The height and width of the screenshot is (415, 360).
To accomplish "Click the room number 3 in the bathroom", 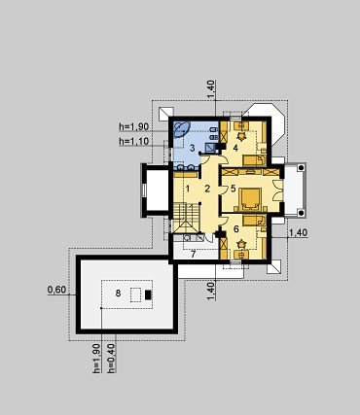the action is pyautogui.click(x=193, y=149).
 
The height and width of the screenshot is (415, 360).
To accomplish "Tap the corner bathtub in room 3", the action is pyautogui.click(x=181, y=128).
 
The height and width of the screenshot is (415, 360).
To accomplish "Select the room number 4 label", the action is pyautogui.click(x=235, y=148).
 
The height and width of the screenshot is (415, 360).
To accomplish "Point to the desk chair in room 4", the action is pyautogui.click(x=241, y=135).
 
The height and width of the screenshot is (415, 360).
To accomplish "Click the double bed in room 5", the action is pyautogui.click(x=250, y=199).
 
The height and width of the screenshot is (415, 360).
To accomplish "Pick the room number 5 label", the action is pyautogui.click(x=234, y=189).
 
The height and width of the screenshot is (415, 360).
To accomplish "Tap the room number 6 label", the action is pyautogui.click(x=235, y=229).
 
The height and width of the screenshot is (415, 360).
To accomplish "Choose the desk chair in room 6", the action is pyautogui.click(x=241, y=243).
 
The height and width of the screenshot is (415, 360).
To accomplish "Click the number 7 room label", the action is pyautogui.click(x=193, y=254).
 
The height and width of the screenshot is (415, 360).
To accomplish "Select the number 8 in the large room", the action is pyautogui.click(x=118, y=294).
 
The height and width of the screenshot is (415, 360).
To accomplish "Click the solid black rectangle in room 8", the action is pyautogui.click(x=148, y=294).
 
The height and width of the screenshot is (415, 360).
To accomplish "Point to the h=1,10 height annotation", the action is pyautogui.click(x=134, y=141).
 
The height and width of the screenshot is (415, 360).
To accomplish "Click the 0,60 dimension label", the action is pyautogui.click(x=56, y=290).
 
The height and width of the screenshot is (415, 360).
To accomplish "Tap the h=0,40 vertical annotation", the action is pyautogui.click(x=112, y=358).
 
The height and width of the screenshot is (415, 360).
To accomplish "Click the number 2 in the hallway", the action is pyautogui.click(x=207, y=189).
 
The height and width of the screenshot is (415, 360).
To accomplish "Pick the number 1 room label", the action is pyautogui.click(x=187, y=188).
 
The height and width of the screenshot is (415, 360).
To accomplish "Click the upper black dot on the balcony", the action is pyautogui.click(x=301, y=168).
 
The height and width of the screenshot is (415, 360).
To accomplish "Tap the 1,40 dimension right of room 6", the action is pyautogui.click(x=299, y=233).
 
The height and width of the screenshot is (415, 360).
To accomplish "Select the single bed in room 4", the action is pyautogui.click(x=255, y=159).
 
